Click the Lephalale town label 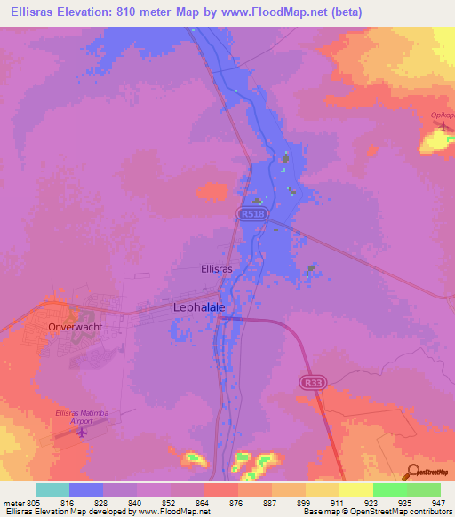pos(197,307)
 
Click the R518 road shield pos(250,214)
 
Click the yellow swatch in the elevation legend pos(355,489)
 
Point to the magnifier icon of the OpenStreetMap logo pos(412,473)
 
